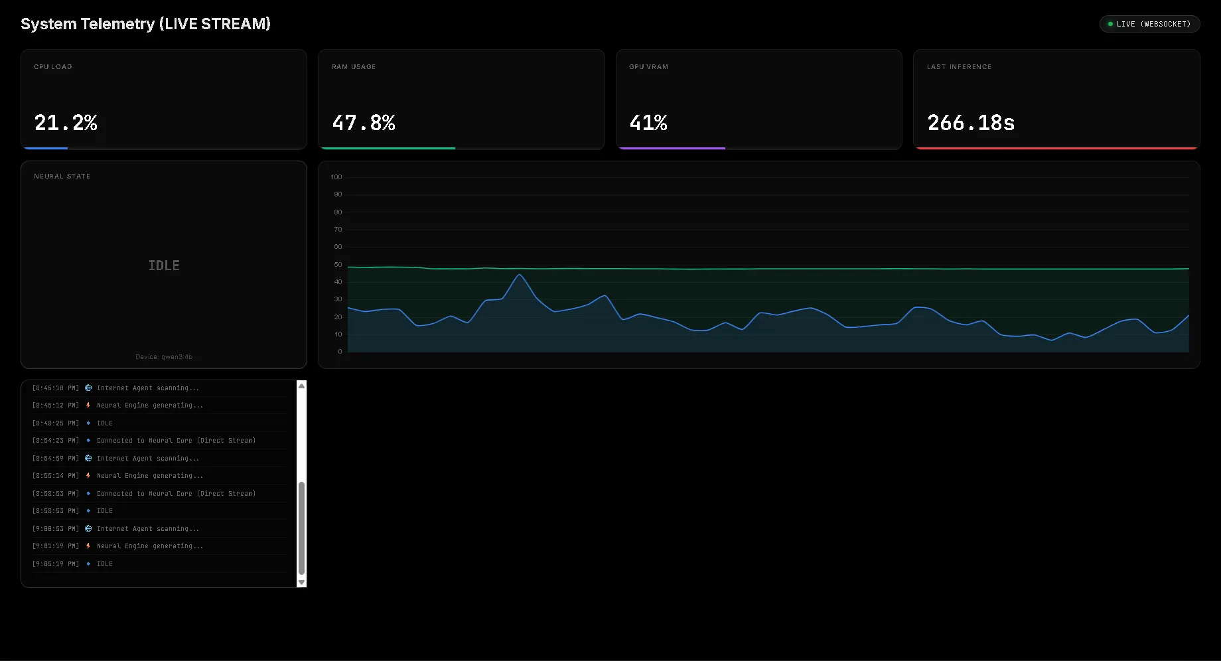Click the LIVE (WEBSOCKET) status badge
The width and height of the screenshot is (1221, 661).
tap(1149, 24)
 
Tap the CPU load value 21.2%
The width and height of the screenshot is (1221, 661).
tap(66, 123)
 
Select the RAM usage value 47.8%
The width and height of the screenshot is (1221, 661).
tap(364, 123)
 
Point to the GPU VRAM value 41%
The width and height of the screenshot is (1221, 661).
tap(648, 123)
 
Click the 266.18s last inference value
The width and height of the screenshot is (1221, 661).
tap(971, 123)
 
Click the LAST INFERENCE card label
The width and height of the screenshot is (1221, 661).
tap(959, 67)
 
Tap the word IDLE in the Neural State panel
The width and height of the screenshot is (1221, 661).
tap(164, 265)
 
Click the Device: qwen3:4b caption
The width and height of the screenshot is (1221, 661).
tap(164, 357)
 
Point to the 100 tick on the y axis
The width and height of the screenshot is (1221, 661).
tap(336, 177)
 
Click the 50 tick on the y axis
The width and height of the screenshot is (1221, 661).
tap(338, 265)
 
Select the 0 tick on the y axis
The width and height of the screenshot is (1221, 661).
tap(340, 352)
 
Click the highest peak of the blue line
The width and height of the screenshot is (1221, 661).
tap(520, 275)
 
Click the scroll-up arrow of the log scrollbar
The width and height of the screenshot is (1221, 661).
tap(301, 386)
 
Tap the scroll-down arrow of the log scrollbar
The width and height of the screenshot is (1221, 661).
tap(301, 582)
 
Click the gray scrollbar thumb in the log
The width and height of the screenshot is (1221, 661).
tap(301, 528)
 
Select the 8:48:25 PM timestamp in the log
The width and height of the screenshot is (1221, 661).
tap(55, 423)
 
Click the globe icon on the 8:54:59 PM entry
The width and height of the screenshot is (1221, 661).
tap(88, 459)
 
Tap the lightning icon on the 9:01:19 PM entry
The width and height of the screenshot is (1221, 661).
tap(88, 546)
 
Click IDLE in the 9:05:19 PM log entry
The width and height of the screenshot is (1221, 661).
tap(105, 564)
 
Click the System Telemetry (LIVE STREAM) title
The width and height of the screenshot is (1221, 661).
tap(145, 24)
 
